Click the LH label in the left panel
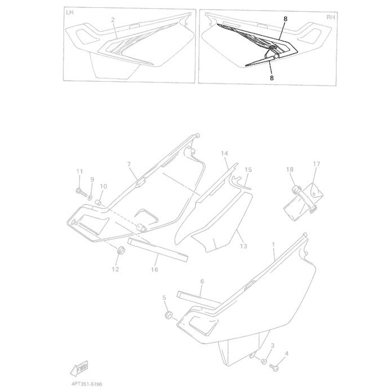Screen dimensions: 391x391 click(70, 12)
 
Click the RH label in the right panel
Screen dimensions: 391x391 click(331, 17)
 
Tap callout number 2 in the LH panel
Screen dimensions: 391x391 click(113, 20)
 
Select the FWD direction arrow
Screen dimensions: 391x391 click(79, 368)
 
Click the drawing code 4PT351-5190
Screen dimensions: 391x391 click(86, 384)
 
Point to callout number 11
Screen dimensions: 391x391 click(79, 171)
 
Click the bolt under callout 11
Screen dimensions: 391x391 click(81, 192)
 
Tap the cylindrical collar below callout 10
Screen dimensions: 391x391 click(98, 203)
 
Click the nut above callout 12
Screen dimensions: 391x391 click(121, 250)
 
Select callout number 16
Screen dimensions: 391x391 click(154, 269)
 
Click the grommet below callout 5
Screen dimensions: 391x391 click(168, 315)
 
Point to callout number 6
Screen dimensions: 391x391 click(202, 281)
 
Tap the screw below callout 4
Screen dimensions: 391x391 click(274, 367)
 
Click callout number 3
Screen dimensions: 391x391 click(273, 345)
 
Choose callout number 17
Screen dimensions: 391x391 click(317, 164)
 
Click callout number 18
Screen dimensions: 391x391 click(290, 170)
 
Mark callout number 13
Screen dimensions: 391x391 click(243, 246)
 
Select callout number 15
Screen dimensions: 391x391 click(248, 170)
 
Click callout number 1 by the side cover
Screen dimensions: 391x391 click(273, 245)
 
